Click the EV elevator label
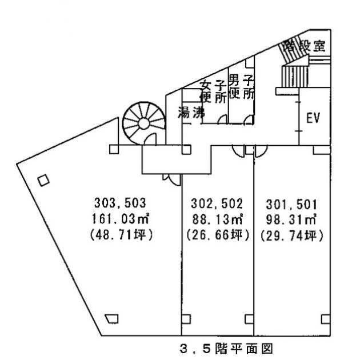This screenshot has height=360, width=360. click(x=313, y=118)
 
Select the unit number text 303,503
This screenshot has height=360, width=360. click(x=121, y=202)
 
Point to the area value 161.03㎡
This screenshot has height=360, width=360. click(x=120, y=218)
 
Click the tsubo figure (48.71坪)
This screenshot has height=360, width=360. click(x=120, y=234)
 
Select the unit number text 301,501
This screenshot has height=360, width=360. click(x=292, y=202)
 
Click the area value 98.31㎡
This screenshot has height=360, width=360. click(x=292, y=218)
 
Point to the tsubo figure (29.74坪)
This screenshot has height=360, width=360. click(x=292, y=234)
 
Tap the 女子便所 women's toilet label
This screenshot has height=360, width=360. click(x=213, y=91)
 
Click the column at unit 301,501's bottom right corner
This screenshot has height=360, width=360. click(x=325, y=318)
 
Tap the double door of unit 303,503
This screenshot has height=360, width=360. click(x=171, y=179)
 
